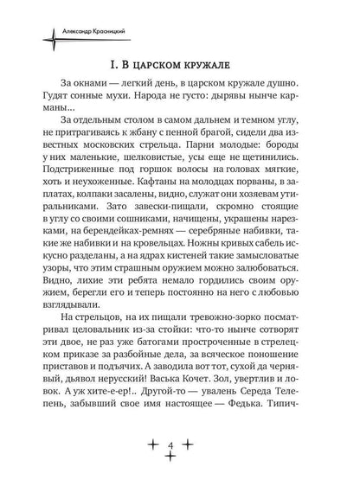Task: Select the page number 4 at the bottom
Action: (179, 444)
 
